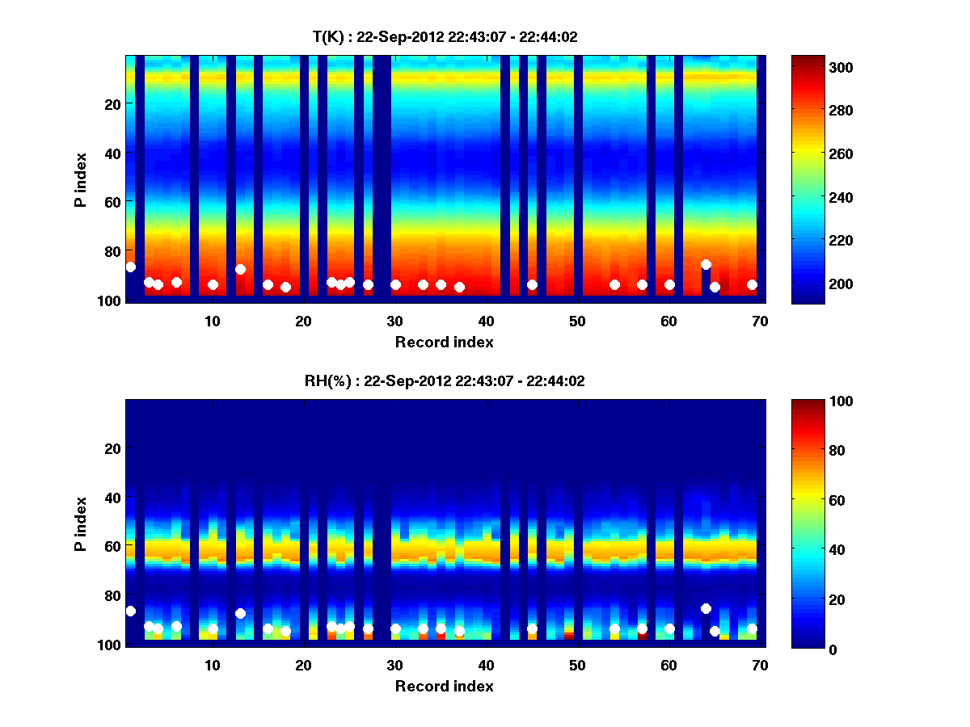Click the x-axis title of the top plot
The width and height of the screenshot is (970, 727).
coord(445,342)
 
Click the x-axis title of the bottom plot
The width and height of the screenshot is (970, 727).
coord(445,686)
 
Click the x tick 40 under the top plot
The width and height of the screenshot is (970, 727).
coord(486,321)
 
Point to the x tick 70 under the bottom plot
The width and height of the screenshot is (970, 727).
coord(760,665)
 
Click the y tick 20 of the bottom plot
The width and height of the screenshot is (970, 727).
coord(114,448)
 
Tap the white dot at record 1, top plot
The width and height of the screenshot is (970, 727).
coord(131,267)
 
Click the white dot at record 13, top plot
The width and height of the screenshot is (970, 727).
coord(240,269)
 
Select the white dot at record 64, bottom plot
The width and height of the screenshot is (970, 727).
coord(706,608)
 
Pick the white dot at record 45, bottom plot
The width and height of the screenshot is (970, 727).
coord(532,628)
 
